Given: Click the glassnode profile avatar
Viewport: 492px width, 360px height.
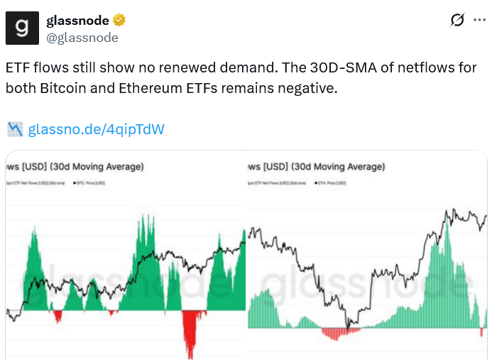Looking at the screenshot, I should coord(23,28).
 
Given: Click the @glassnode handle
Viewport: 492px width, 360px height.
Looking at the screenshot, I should coord(82,38).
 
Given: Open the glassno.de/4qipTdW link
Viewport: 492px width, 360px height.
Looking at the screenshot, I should coord(97,129).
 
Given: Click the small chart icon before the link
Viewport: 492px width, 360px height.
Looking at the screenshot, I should coord(15,129).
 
